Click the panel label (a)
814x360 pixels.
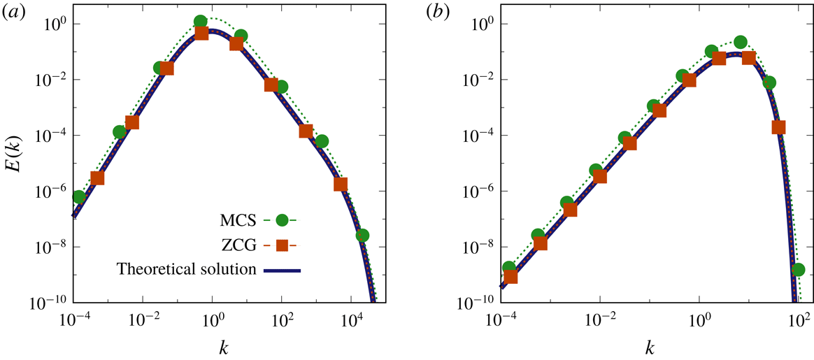coord(13,13)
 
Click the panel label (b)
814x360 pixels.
coord(443,13)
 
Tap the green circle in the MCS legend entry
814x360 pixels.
coord(282,220)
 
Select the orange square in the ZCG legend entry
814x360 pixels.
coord(282,245)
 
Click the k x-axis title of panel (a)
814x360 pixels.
coord(222,347)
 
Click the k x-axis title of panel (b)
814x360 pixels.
coord(650,347)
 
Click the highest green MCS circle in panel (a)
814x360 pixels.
coord(201,22)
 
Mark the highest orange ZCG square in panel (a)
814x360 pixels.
coord(201,33)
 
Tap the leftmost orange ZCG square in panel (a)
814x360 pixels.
coord(98,178)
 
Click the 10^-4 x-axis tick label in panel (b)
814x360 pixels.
coord(501,321)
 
